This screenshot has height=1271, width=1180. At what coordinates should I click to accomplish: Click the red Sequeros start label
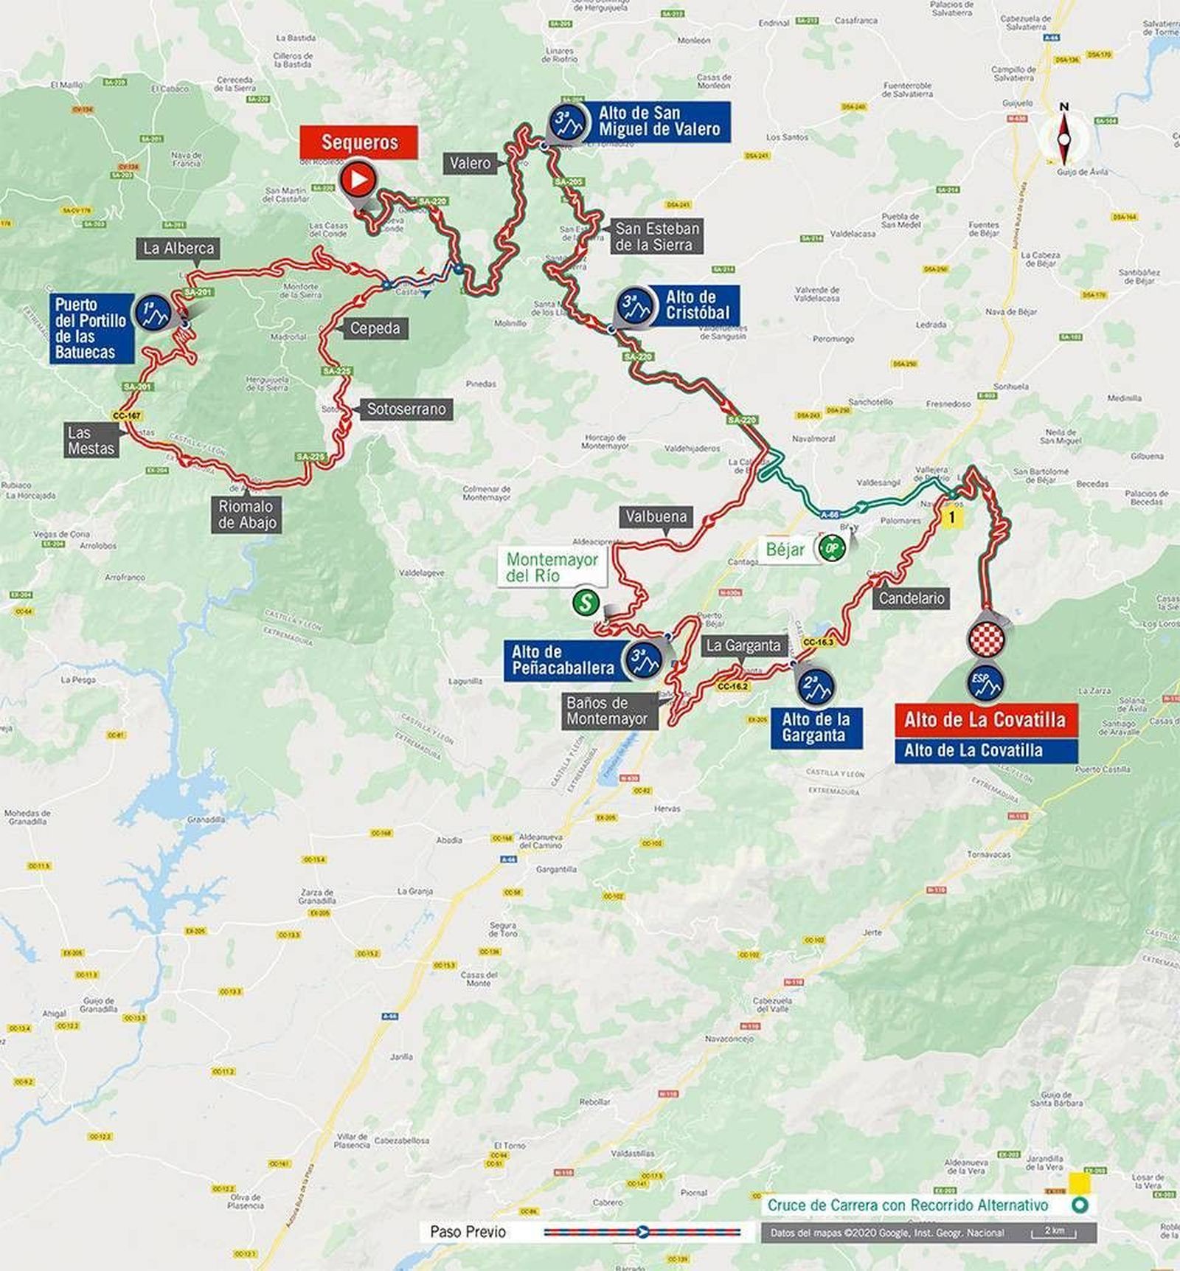pos(359,142)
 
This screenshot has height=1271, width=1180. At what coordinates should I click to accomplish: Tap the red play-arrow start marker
pos(358,179)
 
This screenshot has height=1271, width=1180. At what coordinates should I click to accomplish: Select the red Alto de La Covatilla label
pos(985,719)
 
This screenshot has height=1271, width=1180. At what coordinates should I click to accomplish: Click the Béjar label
pos(785,549)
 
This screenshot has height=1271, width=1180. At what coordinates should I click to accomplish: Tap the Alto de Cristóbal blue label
pos(696,305)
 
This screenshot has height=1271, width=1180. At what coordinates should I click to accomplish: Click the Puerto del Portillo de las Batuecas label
pos(91,328)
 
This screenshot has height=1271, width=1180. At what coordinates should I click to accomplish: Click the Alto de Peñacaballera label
pos(563,660)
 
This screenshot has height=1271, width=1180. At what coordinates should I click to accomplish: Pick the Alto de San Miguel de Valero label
pos(659,121)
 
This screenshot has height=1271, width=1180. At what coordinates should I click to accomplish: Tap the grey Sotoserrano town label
pos(406,409)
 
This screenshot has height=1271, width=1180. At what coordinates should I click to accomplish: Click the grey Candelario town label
pos(912,598)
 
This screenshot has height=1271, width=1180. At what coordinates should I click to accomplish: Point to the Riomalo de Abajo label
pos(246,514)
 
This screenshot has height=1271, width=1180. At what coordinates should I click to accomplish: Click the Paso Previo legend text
pos(468,1231)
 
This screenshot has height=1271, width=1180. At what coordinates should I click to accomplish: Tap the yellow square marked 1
pos(952,518)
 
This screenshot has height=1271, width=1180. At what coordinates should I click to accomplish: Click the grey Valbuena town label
pos(656,516)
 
